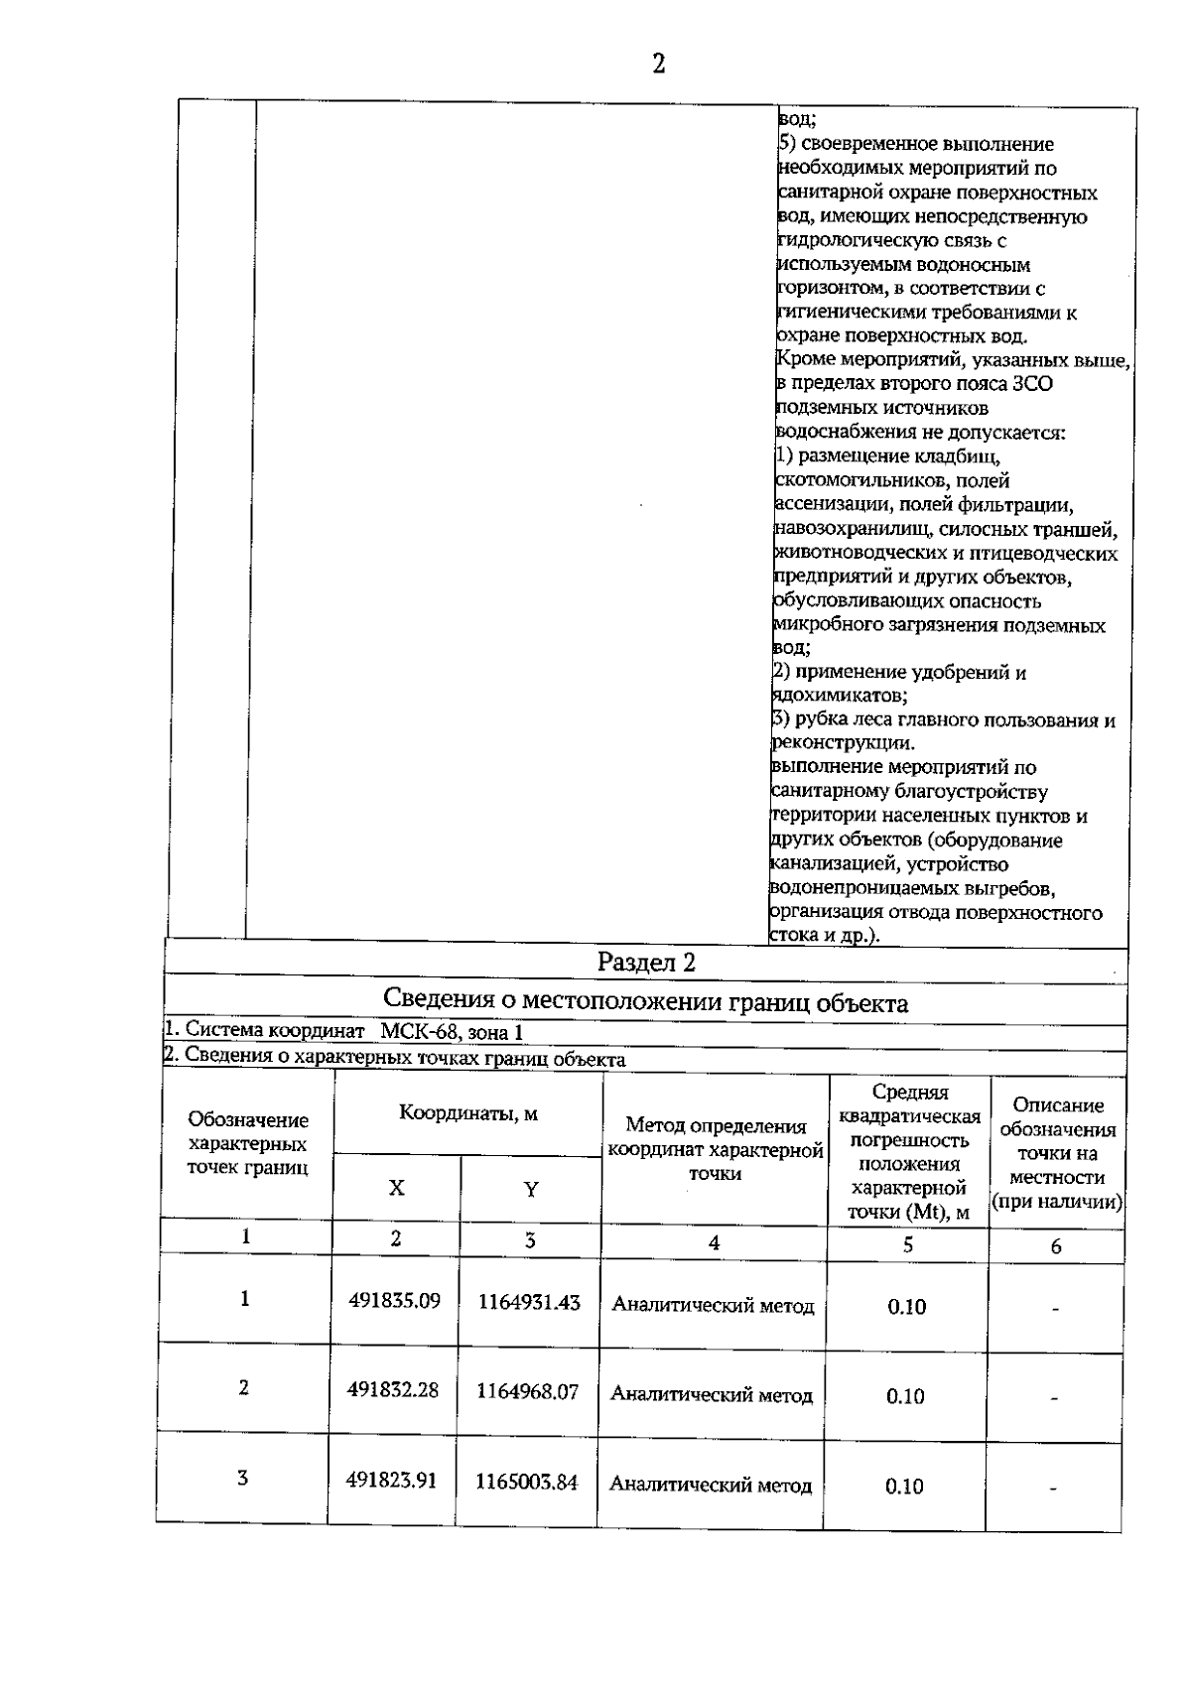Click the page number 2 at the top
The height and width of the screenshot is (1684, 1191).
point(658,65)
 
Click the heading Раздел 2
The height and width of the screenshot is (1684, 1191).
point(646,962)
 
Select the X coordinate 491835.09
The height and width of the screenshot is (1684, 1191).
point(394,1301)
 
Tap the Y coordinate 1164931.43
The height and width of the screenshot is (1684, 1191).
point(529,1302)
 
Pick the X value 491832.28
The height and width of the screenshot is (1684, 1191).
point(393,1390)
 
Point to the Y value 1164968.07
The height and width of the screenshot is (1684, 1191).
point(527,1391)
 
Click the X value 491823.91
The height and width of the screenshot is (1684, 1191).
point(392,1481)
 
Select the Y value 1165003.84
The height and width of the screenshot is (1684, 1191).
point(526,1482)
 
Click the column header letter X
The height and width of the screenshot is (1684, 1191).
point(396,1188)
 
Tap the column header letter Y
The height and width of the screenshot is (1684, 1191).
point(531,1189)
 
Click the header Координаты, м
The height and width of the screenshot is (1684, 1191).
point(468,1112)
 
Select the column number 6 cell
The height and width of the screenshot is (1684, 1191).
point(1056,1246)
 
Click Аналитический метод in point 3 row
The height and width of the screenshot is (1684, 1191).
point(711,1486)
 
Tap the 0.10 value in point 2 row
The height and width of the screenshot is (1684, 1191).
point(905,1396)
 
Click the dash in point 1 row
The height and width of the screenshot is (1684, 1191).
point(1056,1309)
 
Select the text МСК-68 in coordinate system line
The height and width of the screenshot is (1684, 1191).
point(419,1032)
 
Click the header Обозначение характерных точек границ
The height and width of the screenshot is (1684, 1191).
point(247,1144)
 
